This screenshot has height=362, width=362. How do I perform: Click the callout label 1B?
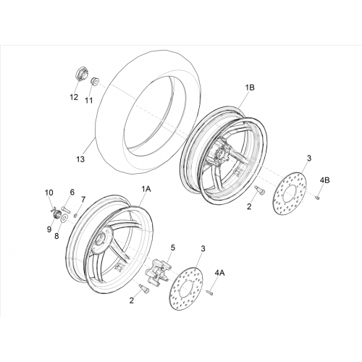coord(250,88)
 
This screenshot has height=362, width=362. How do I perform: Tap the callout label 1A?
coord(146,189)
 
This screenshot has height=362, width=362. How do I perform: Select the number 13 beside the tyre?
coord(80,159)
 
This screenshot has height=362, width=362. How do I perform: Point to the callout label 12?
coord(74,97)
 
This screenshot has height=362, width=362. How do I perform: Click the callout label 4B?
coord(324,180)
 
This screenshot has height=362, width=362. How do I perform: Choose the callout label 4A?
coord(219,273)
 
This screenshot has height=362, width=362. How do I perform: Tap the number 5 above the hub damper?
coord(173,248)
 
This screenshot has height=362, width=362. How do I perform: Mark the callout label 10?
coord(49,193)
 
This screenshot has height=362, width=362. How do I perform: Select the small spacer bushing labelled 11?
coord(95,82)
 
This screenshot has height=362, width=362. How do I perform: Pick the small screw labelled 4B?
coord(317,198)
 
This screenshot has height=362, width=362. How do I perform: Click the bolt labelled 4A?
coord(210,292)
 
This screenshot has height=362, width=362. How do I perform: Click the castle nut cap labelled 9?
coord(56,214)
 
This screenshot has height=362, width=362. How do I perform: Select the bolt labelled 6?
coord(66,209)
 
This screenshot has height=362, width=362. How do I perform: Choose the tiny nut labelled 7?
coord(75,215)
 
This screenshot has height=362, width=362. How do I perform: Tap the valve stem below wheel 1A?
coord(144,289)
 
